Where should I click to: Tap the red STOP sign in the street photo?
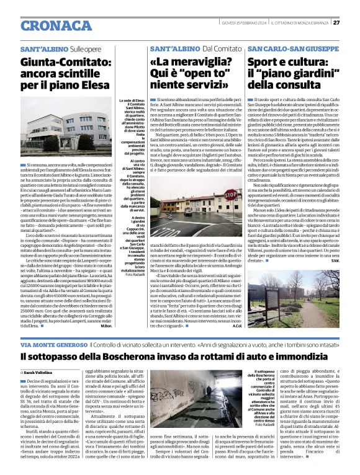pos(230,195)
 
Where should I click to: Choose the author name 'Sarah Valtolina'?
pos(42,372)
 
